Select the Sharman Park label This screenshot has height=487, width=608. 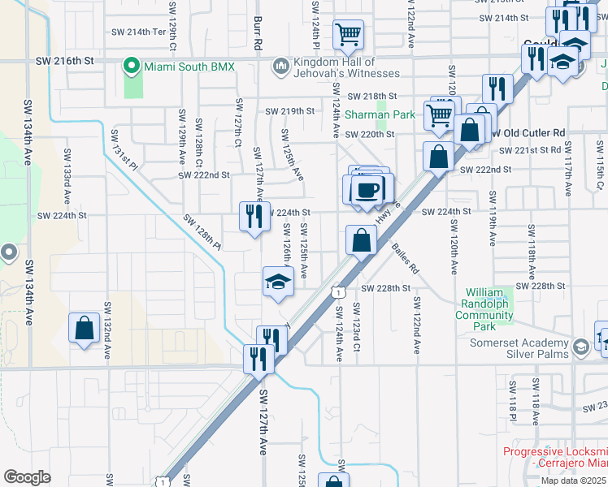(x=380, y=115)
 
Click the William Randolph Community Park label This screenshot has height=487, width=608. (x=486, y=309)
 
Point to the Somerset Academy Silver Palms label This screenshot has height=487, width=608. (x=520, y=348)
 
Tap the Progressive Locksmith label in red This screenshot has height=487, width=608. (x=554, y=458)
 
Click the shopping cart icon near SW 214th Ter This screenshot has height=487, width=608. (x=348, y=34)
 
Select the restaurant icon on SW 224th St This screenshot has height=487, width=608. (x=254, y=216)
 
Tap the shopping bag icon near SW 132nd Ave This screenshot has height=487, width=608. (x=85, y=328)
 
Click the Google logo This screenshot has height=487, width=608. (x=26, y=477)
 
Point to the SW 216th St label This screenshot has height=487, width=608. (x=65, y=61)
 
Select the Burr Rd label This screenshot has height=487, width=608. (x=256, y=33)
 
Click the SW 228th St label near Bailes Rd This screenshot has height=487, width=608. (x=382, y=288)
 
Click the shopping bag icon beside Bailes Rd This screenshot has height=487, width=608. (x=361, y=240)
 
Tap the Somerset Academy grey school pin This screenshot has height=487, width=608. (x=581, y=347)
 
